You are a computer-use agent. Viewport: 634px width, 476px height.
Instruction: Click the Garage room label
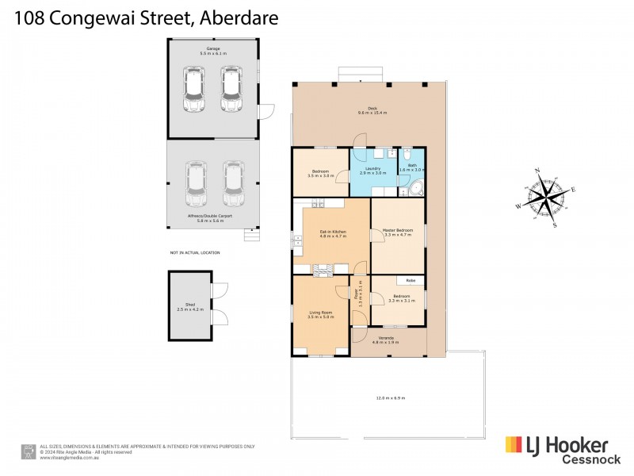click(213, 50)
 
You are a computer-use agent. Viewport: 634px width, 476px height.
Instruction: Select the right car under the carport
click(231, 182)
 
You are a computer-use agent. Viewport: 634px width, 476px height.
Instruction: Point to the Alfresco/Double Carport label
click(206, 218)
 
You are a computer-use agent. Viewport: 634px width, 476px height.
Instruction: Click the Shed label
click(190, 306)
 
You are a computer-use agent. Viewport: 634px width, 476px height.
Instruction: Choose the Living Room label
click(320, 315)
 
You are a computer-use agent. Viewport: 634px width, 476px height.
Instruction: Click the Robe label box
click(410, 280)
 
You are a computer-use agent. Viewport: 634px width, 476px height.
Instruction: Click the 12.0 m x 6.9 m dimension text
click(391, 398)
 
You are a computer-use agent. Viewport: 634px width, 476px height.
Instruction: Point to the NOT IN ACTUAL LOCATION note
click(195, 253)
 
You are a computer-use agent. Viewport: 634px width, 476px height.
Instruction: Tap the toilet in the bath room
click(406, 154)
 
